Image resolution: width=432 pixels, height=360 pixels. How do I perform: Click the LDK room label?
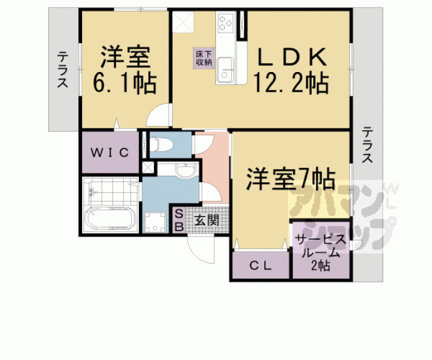click(x=292, y=58)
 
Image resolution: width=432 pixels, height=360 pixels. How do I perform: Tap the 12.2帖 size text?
click(x=291, y=83)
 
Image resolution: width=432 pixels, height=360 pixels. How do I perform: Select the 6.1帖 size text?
click(x=125, y=83)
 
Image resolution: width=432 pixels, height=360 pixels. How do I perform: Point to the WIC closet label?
click(x=110, y=153)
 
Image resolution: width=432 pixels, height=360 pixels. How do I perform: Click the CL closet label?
click(x=260, y=266)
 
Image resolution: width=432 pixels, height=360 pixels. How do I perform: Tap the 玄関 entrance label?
click(x=207, y=220)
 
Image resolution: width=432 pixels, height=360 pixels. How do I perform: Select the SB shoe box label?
click(x=179, y=220)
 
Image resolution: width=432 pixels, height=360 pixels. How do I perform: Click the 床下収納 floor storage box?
click(x=204, y=58)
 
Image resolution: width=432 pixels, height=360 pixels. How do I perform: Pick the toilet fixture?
click(x=162, y=144)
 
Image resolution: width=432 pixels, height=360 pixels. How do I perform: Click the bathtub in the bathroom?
click(x=110, y=218)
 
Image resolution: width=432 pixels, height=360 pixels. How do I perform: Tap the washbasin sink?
click(x=186, y=170)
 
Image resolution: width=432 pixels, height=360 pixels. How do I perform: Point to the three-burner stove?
click(x=226, y=22)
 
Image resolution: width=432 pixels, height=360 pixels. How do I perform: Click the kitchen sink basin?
click(x=225, y=70)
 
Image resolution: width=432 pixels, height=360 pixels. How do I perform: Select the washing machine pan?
click(x=155, y=222)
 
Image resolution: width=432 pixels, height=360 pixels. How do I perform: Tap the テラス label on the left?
click(x=63, y=70)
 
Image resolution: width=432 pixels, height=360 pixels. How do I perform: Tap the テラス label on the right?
click(x=368, y=145)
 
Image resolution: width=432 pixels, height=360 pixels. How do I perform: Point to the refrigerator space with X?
click(x=183, y=22)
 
